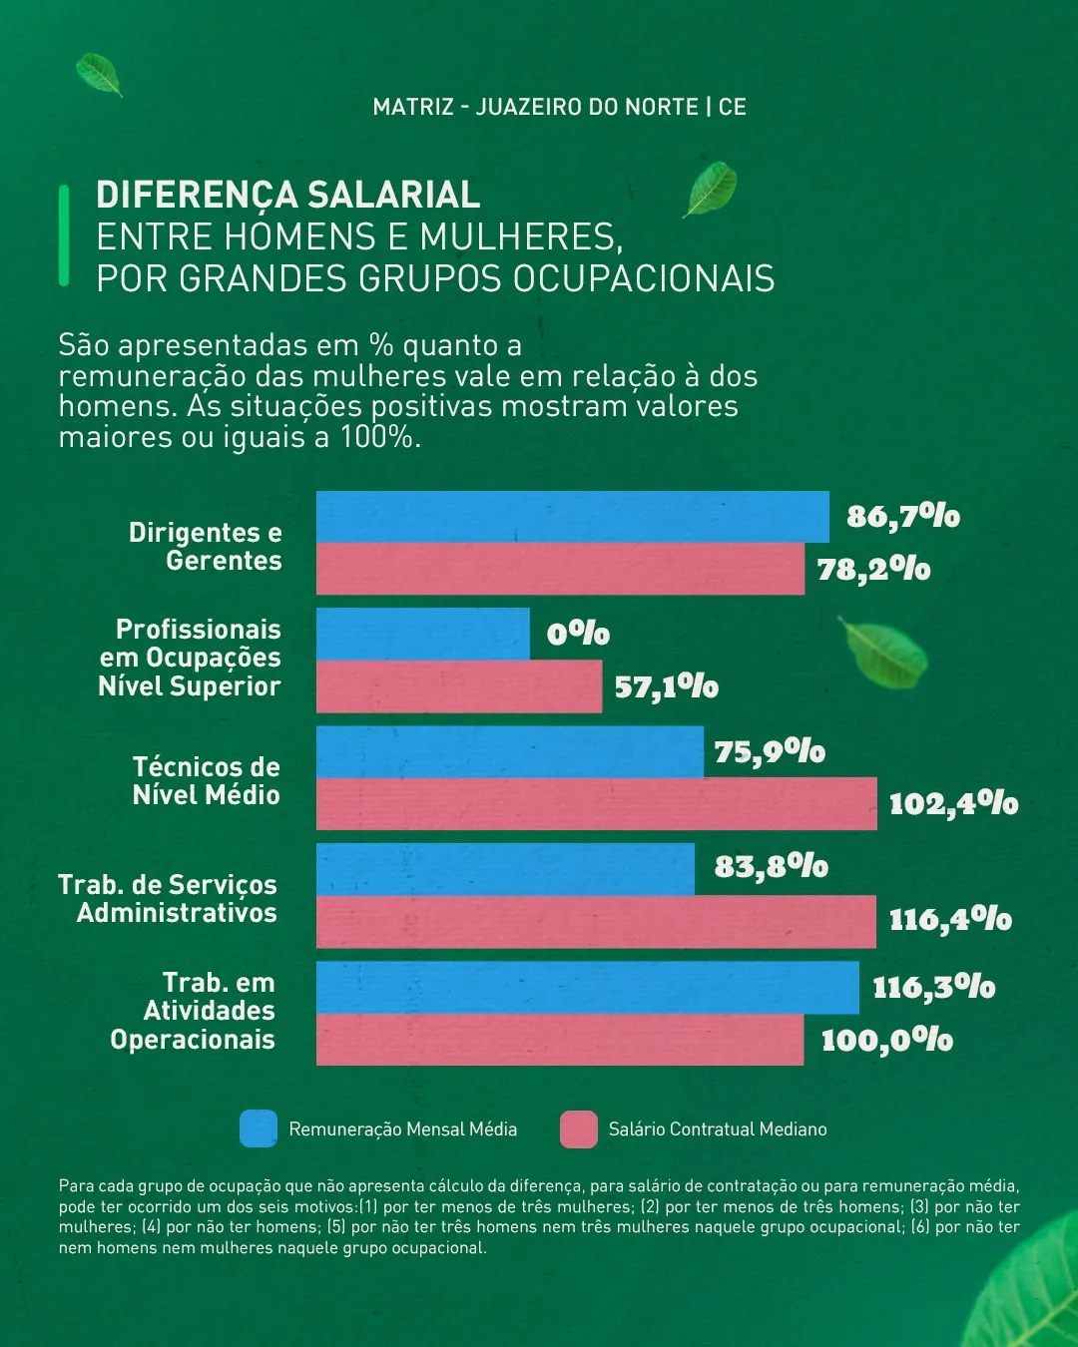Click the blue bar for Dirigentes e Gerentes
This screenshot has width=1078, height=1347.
click(572, 517)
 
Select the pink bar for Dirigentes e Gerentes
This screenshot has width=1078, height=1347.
click(560, 570)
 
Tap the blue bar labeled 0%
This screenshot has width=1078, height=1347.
click(422, 634)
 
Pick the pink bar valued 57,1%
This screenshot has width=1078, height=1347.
click(459, 686)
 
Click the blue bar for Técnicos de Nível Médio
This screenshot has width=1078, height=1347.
click(509, 751)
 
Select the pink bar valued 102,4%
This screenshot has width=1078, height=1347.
click(596, 804)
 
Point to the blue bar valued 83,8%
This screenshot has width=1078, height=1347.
click(505, 869)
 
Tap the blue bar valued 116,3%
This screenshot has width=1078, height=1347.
click(587, 988)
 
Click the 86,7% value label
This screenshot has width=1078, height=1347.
click(903, 516)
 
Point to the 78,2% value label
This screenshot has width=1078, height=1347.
click(873, 569)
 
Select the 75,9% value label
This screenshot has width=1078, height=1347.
click(770, 751)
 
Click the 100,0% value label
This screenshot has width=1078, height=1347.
click(886, 1040)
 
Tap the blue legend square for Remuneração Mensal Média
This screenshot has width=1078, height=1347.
click(259, 1128)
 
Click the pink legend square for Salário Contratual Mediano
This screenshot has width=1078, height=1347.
click(579, 1128)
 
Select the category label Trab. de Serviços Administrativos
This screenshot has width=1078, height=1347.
click(168, 898)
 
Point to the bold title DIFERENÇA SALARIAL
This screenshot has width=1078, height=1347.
click(288, 194)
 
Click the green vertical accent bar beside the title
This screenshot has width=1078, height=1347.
click(64, 235)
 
